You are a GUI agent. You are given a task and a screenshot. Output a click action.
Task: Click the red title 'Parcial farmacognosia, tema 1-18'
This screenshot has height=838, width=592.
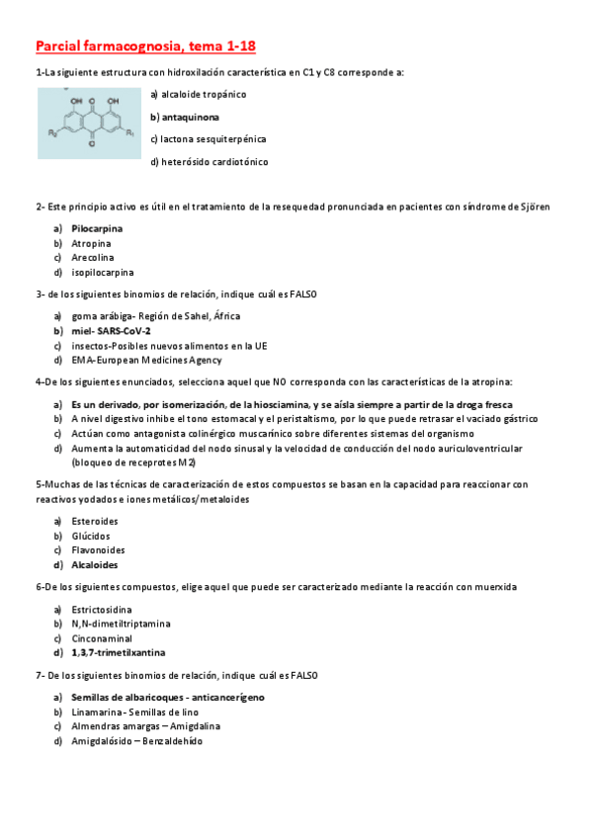[145, 45]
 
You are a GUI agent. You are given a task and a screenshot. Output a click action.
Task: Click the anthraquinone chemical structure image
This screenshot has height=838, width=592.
[89, 124]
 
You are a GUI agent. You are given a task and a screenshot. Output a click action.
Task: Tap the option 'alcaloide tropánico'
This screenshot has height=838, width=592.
[198, 94]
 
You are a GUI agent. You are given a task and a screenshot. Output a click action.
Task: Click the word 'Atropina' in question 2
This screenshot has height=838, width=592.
[91, 243]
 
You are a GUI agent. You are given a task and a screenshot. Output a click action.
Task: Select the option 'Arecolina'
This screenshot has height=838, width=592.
[92, 257]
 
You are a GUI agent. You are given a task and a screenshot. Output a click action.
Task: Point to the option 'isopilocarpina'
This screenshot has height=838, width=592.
[103, 272]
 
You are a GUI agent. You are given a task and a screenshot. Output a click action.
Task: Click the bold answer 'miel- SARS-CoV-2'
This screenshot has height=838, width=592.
[111, 331]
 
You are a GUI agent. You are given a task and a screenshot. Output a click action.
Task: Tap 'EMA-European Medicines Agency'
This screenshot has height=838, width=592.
[146, 361]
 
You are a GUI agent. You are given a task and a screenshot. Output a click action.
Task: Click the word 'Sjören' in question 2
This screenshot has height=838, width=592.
[535, 207]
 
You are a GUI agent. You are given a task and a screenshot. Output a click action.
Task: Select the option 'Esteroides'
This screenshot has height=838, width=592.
[95, 521]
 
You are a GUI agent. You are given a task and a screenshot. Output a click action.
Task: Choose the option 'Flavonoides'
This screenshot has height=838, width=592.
[98, 550]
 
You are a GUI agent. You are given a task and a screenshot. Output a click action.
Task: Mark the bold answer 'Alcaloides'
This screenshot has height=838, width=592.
[94, 565]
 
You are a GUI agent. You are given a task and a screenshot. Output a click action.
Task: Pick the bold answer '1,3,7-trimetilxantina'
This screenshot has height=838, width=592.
[118, 653]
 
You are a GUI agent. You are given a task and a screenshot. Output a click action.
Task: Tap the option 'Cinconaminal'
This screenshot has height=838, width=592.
[101, 638]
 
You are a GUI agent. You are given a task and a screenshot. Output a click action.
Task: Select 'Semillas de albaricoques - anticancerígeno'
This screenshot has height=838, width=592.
[167, 698]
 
